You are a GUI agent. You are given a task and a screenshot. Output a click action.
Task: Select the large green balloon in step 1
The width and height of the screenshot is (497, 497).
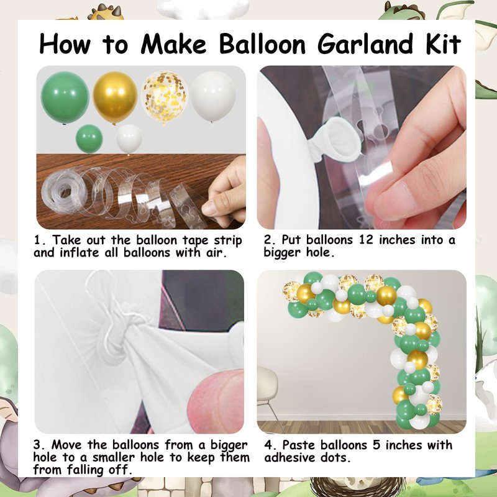pos(65,98)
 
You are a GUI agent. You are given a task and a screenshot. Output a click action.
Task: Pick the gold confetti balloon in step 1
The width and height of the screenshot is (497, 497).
pos(164,98)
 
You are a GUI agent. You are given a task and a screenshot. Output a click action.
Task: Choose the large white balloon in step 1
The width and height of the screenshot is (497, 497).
pos(213,96)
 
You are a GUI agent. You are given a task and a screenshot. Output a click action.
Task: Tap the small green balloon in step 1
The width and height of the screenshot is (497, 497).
pos(89,139)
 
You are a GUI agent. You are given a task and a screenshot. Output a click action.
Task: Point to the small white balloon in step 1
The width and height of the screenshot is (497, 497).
pos(129,139)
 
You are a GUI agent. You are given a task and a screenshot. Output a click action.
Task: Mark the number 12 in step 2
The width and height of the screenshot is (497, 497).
pos(366,240)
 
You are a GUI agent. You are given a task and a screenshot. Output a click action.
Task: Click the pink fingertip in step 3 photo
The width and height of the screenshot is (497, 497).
pos(216,400)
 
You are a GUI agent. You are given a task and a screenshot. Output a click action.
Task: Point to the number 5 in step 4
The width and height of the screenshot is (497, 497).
pos(376,445)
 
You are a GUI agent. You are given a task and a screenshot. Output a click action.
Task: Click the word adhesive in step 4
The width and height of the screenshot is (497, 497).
pos(286,457)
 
